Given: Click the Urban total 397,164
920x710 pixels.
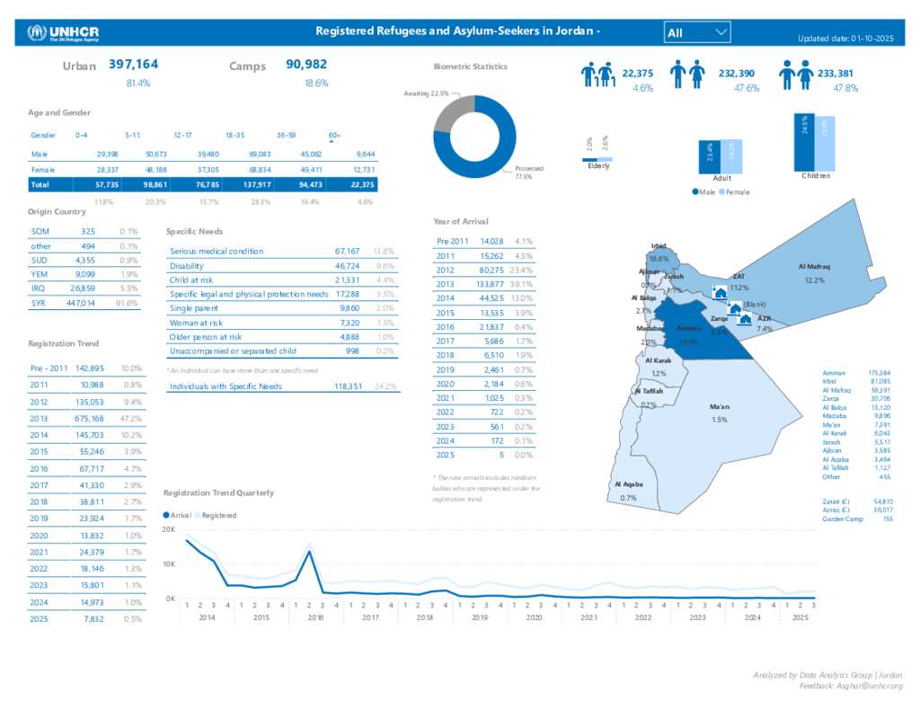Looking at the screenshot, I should click(x=134, y=65).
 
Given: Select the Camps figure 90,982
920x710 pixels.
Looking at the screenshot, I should click(x=306, y=65).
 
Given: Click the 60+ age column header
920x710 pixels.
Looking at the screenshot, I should click(x=334, y=135).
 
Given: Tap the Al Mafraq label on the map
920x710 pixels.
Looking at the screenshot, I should click(x=814, y=267).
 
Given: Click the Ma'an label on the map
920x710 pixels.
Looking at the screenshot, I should click(x=719, y=407).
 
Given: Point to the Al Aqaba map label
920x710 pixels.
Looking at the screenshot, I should click(x=628, y=484).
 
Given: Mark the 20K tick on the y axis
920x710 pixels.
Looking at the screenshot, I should click(x=169, y=530).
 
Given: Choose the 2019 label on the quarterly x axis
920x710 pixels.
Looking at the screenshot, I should click(x=479, y=618).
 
